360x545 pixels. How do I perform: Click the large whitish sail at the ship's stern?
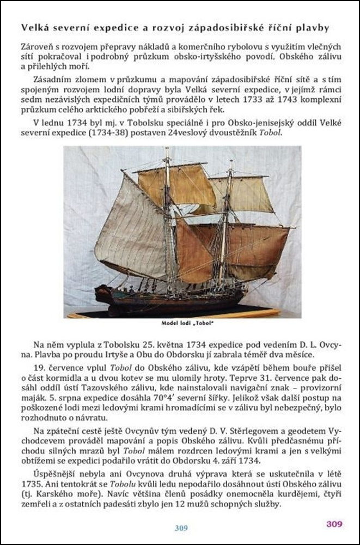[131, 229]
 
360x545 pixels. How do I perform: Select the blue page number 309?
[181, 528]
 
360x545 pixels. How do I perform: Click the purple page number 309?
[334, 524]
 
